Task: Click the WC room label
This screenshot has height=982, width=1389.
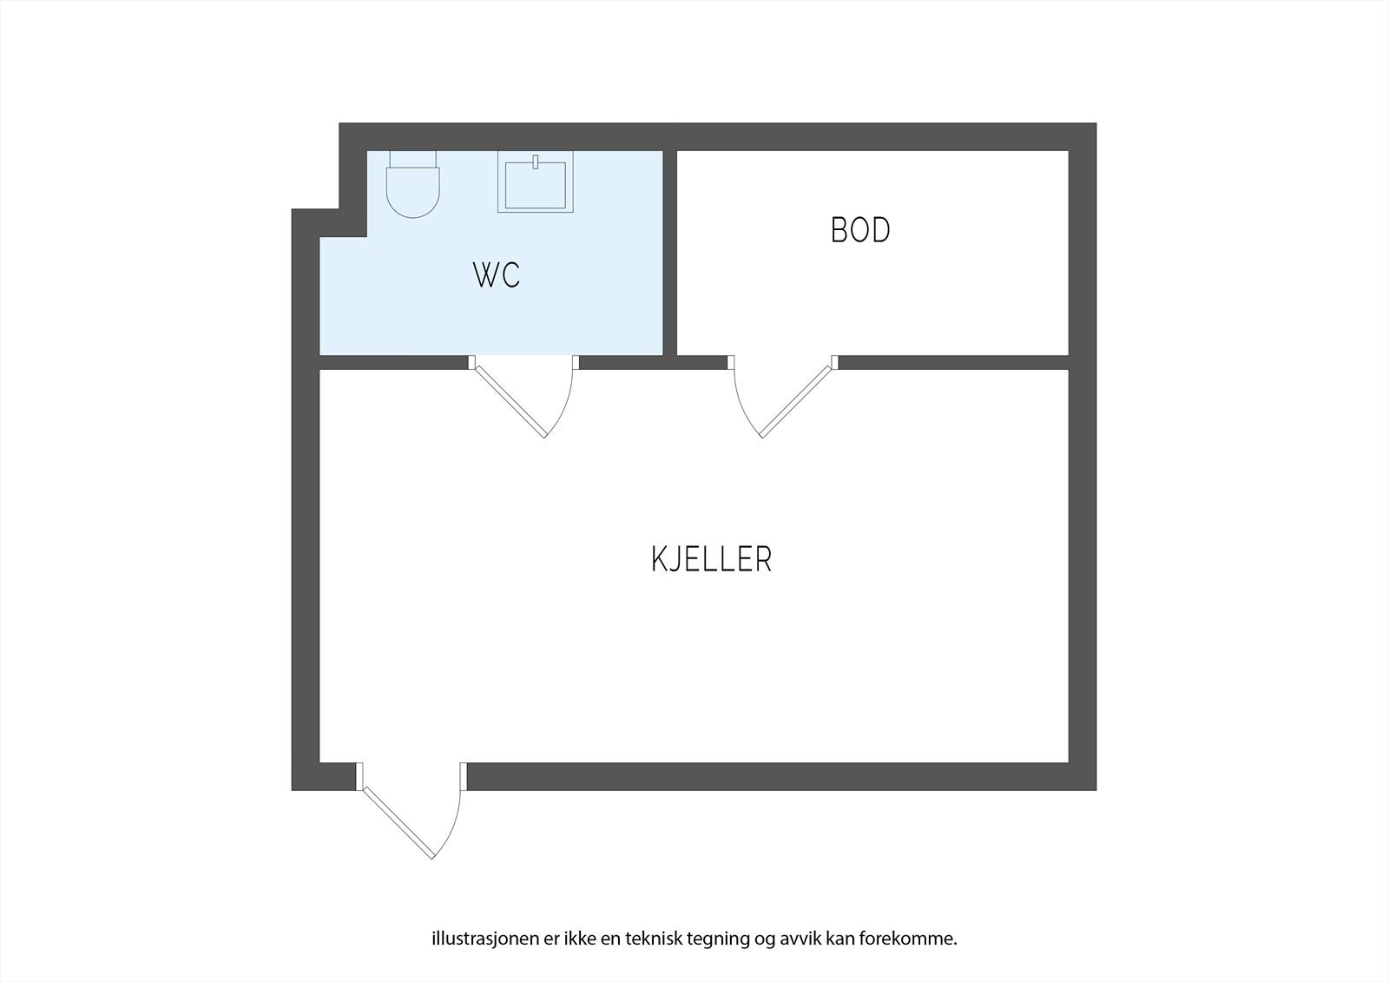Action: [497, 275]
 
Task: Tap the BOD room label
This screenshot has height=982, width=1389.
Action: [860, 230]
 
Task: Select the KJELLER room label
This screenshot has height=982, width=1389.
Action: [711, 559]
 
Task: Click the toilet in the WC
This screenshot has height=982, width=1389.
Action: [412, 192]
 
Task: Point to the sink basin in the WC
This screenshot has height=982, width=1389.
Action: [535, 186]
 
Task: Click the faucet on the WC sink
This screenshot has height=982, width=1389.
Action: [536, 161]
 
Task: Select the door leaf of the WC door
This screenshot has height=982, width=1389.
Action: [509, 400]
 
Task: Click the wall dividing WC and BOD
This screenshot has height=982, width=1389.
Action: [669, 252]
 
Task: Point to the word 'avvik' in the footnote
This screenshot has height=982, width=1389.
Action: [793, 939]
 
